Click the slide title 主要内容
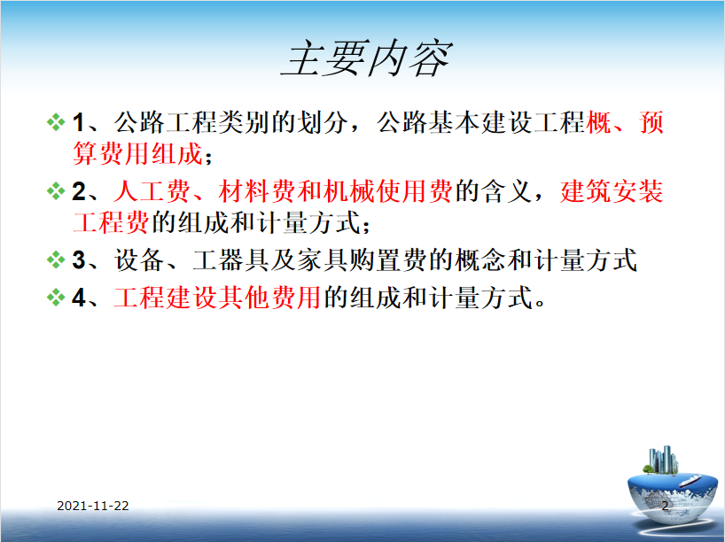367,58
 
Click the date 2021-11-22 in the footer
93,506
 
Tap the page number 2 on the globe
665,506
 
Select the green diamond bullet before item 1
56,122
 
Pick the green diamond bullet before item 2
56,191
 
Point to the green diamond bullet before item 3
56,259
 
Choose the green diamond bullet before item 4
56,298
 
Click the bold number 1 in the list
78,123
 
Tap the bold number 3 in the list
79,260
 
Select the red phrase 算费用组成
137,153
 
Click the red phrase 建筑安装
612,191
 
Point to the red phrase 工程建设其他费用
217,298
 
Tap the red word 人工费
152,191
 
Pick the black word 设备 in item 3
139,259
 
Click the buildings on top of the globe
662,461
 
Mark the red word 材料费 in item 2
256,191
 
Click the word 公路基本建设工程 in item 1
481,122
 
